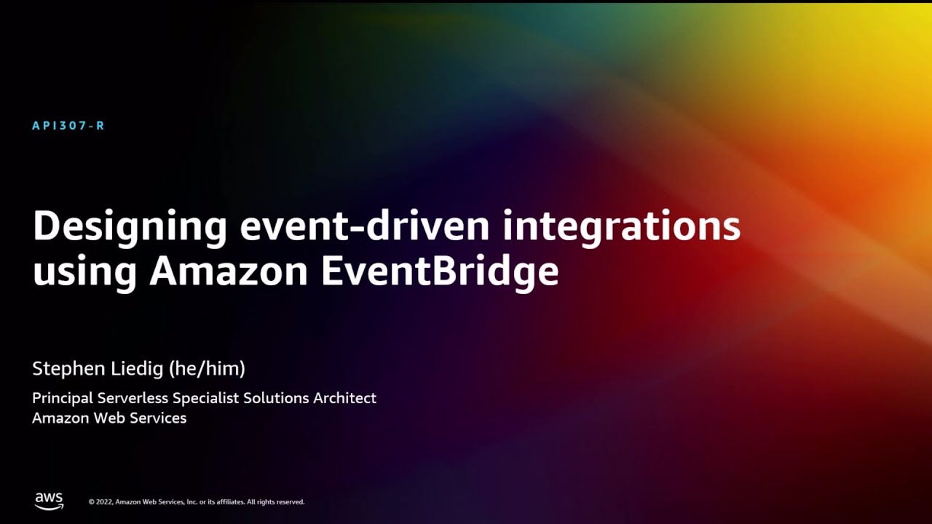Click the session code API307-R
click(68, 126)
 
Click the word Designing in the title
click(130, 227)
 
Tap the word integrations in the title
click(621, 227)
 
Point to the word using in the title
click(84, 272)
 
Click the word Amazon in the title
click(229, 271)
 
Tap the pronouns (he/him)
click(207, 369)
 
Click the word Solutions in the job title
click(276, 398)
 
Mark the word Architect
click(345, 398)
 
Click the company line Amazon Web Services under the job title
click(109, 418)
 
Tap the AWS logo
click(49, 501)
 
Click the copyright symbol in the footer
click(92, 502)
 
